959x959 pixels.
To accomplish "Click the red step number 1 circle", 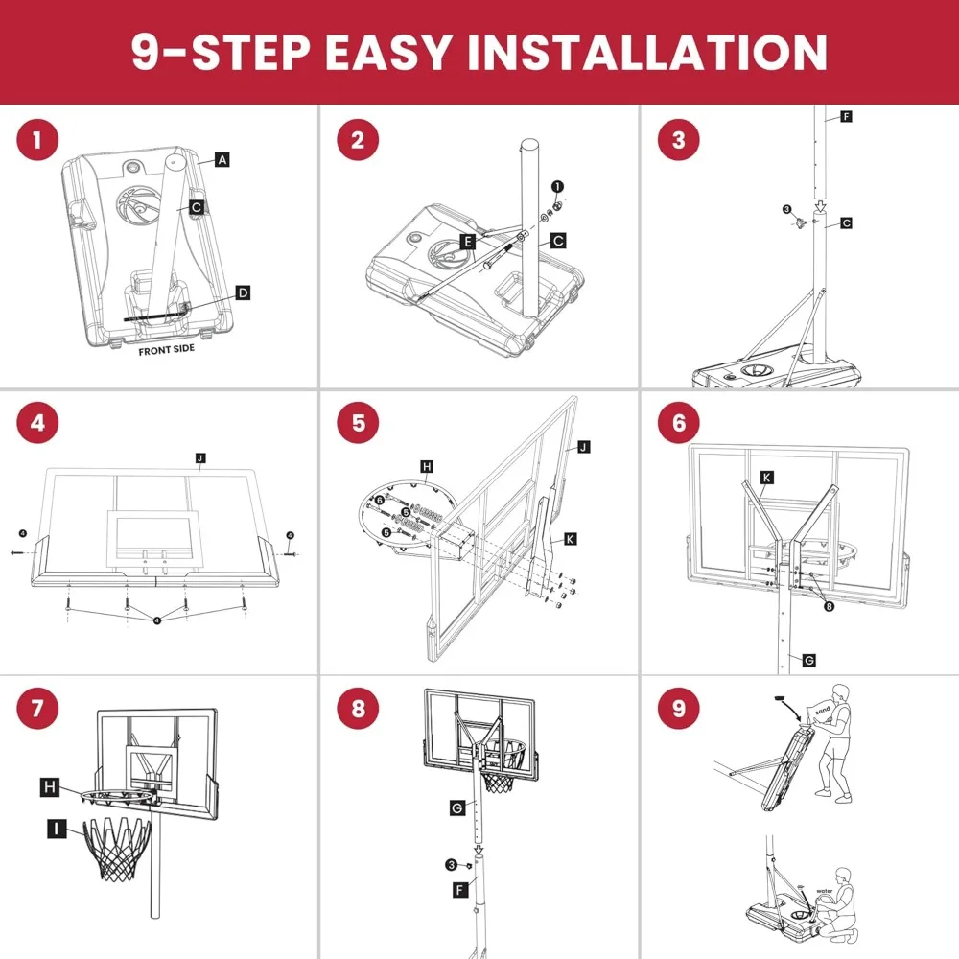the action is pos(37,140).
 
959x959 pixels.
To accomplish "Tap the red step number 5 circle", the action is pos(359,423).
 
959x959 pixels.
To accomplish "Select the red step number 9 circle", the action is pos(679,709).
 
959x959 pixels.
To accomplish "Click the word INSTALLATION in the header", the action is pos(648,52).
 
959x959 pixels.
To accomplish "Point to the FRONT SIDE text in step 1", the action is pos(166,350).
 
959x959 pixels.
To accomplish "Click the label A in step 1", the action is pos(222,159).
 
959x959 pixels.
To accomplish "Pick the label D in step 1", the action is pos(243,292).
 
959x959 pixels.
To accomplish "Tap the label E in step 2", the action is pos(468,242).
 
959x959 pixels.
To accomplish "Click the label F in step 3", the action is pos(846,116).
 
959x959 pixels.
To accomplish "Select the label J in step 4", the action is pos(200,458).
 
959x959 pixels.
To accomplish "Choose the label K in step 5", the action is pos(570,539).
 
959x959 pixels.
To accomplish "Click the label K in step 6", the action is pos(767,477).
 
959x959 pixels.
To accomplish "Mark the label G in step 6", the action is pos(808,660).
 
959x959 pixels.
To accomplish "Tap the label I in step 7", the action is pos(57,829).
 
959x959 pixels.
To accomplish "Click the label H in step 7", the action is pos(50,787).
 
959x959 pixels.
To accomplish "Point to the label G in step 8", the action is pos(456,807).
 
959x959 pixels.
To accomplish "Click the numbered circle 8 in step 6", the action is pos(829,606).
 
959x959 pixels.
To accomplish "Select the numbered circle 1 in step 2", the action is pos(557,187).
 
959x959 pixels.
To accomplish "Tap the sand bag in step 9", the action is pos(822,712).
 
